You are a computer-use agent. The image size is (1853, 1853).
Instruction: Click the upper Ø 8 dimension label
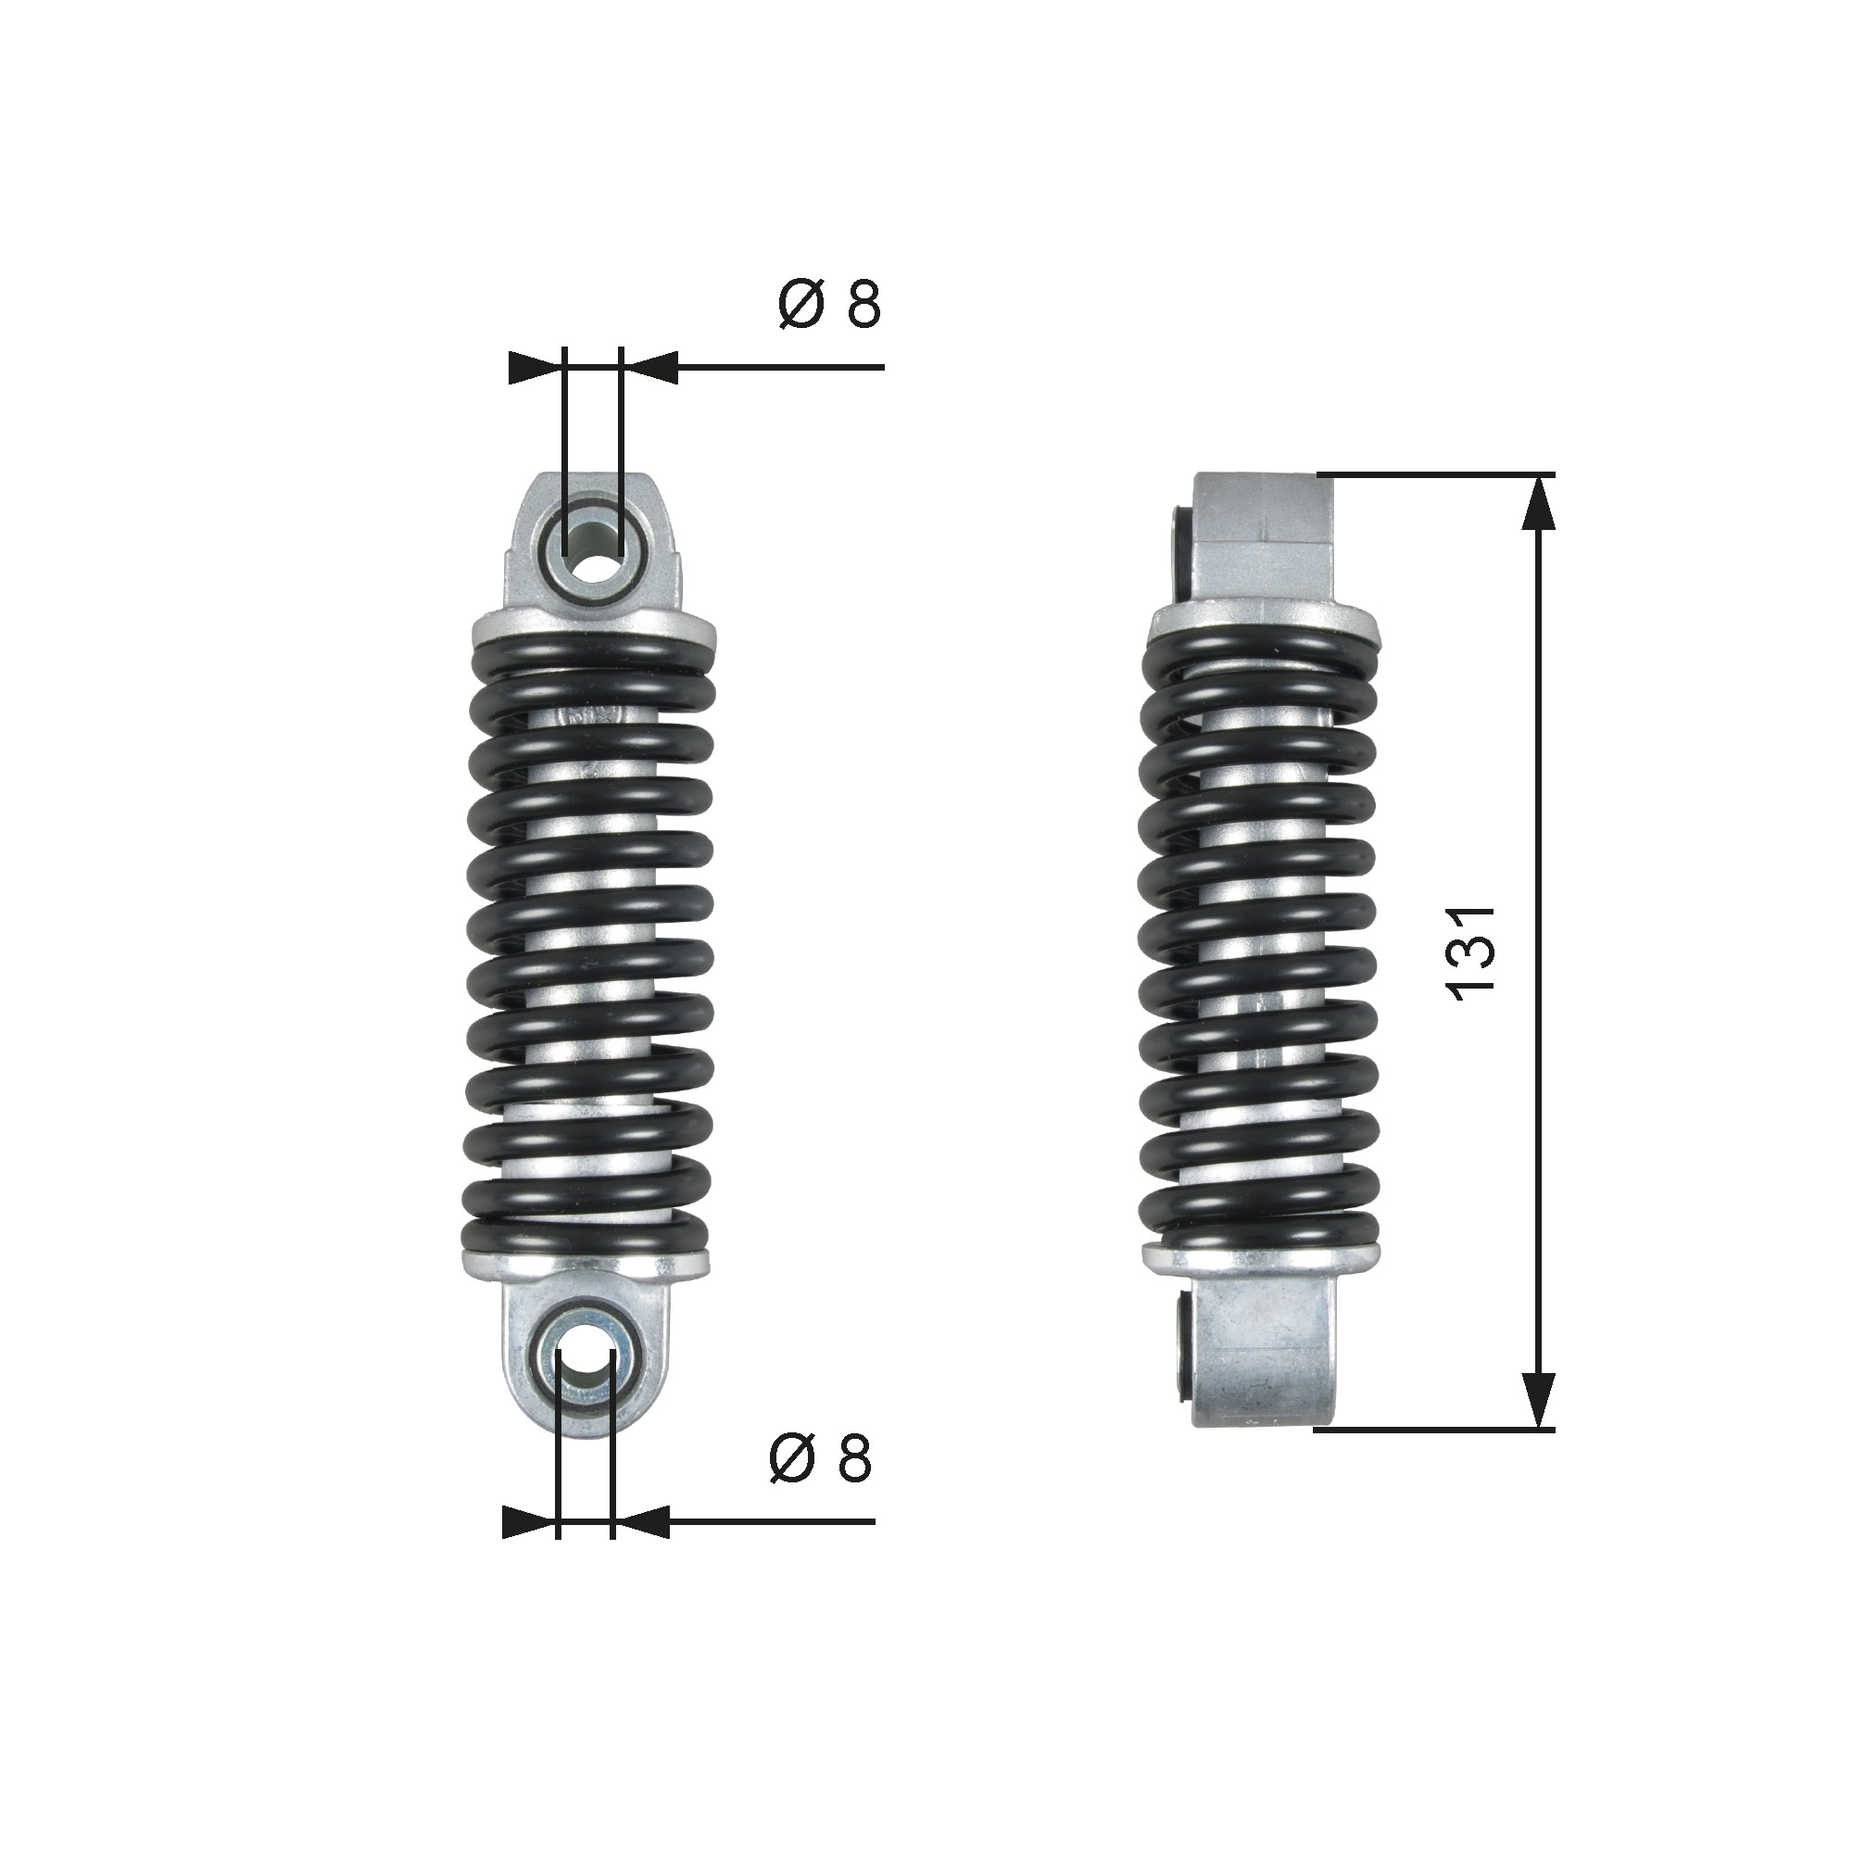828,306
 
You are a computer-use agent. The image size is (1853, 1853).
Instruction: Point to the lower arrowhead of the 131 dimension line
1538,1426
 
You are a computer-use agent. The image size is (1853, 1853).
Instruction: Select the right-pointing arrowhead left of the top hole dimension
534,366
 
